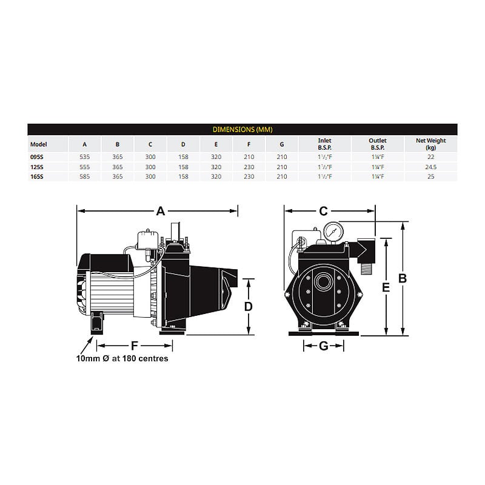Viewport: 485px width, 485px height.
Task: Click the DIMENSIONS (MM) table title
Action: coord(242,130)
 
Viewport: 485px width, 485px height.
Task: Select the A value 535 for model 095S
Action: coord(84,157)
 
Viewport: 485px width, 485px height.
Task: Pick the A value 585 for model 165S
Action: coord(84,176)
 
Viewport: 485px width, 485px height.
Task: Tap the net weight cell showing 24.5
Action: coord(430,167)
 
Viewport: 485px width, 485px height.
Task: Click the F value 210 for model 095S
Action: coord(249,157)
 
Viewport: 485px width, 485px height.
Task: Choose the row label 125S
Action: coord(37,167)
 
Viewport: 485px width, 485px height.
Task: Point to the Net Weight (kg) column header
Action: coord(430,144)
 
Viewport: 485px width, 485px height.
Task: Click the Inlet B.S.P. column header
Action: coord(324,144)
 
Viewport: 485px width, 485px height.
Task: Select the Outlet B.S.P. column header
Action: coord(378,144)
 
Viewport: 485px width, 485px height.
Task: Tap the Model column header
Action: coord(39,144)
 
